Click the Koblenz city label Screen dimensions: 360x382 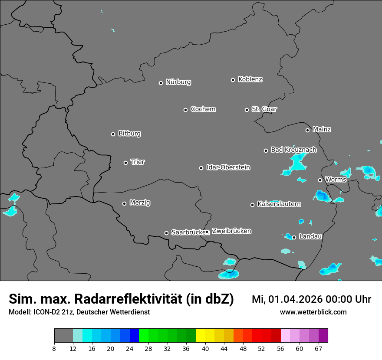pyautogui.click(x=250, y=79)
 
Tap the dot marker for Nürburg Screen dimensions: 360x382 pyautogui.click(x=161, y=83)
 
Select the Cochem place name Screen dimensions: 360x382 pyautogui.click(x=203, y=109)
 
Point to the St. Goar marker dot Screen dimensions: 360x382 pyautogui.click(x=247, y=110)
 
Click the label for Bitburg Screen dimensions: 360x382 pyautogui.click(x=129, y=134)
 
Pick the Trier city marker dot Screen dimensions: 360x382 pyautogui.click(x=125, y=163)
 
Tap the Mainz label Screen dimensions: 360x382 pyautogui.click(x=322, y=129)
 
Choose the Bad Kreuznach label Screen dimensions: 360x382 pyautogui.click(x=293, y=150)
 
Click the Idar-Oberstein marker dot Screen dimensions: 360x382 pyautogui.click(x=201, y=168)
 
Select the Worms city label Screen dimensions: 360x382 pyautogui.click(x=336, y=180)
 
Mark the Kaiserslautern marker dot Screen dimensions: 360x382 pyautogui.click(x=252, y=205)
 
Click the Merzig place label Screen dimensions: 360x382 pyautogui.click(x=140, y=203)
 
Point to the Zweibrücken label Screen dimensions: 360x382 pyautogui.click(x=231, y=231)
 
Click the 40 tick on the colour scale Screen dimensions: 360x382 pyautogui.click(x=205, y=348)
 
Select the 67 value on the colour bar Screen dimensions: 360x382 pyautogui.click(x=318, y=348)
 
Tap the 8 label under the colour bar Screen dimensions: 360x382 pyautogui.click(x=54, y=348)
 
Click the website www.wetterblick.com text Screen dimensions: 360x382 pyautogui.click(x=313, y=312)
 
